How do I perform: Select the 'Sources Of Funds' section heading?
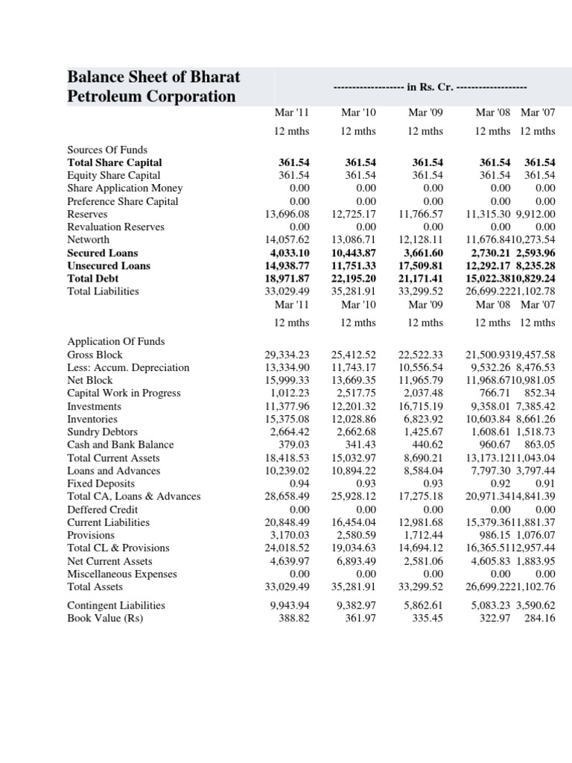107,150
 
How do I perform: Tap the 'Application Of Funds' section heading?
115,341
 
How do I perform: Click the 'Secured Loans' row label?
103,253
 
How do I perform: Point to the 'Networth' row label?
89,240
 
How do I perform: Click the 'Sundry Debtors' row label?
102,432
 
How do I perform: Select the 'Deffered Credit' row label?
104,510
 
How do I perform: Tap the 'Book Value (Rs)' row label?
105,618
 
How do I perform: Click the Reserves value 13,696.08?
287,214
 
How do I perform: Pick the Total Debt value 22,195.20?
354,279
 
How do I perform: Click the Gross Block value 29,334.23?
287,355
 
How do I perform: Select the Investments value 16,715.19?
421,407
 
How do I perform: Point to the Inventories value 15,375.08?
287,420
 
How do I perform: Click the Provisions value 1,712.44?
424,536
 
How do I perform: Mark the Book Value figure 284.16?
539,618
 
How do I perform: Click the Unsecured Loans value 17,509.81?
421,266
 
